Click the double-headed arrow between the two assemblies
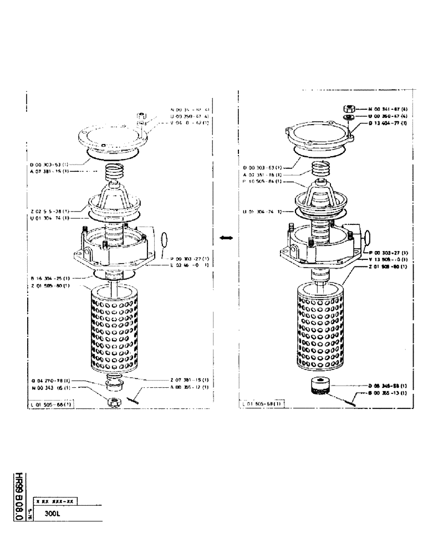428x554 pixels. click(225, 238)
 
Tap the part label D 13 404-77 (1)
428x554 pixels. click(388, 124)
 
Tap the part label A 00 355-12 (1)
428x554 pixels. click(188, 387)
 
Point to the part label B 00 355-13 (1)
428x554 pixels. click(388, 393)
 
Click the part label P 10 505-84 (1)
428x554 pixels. click(263, 181)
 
